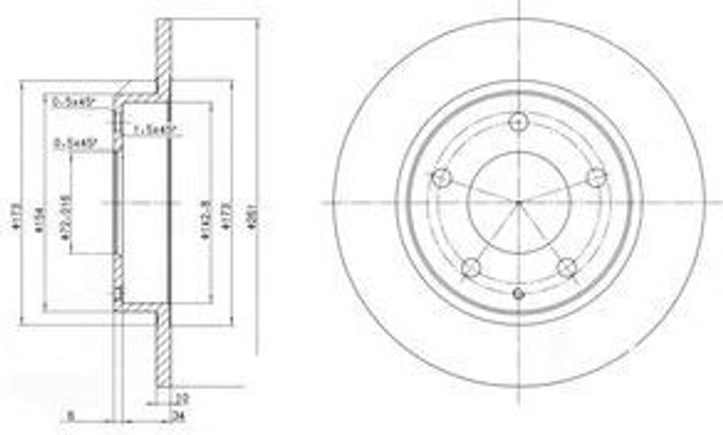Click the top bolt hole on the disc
click(519, 121)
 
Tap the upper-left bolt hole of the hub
click(441, 177)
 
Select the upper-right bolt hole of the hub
click(597, 177)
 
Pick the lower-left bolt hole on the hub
click(471, 267)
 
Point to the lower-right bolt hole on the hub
click(567, 267)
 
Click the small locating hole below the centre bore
click(519, 293)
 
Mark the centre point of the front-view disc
click(519, 203)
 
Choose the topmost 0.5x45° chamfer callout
click(76, 102)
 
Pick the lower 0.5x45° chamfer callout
click(76, 144)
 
